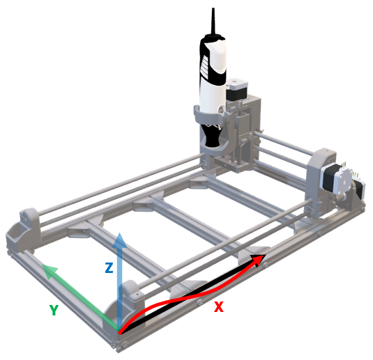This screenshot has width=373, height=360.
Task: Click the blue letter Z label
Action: pos(109,268)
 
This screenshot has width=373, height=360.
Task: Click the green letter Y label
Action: pos(54,310)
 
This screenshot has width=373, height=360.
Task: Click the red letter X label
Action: pos(219,306)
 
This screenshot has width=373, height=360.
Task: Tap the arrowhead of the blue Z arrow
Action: pos(120,240)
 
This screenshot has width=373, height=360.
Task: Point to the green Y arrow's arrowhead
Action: pos(50,271)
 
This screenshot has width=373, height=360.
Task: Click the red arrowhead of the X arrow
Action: pos(258,260)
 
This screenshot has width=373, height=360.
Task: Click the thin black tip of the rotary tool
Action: pos(213,21)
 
